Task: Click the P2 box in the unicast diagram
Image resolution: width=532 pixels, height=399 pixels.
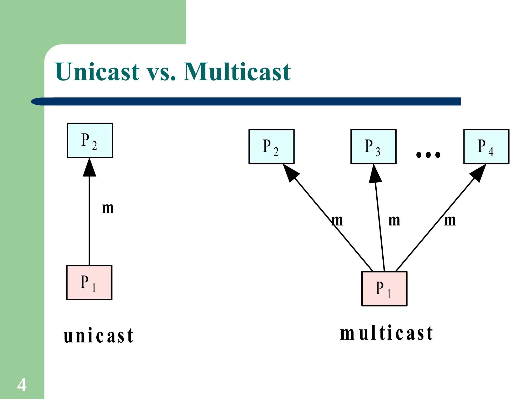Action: coord(90,140)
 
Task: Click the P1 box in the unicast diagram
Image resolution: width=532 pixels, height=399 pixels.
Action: coord(89,282)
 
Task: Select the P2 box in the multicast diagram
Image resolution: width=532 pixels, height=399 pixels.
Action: coord(271,147)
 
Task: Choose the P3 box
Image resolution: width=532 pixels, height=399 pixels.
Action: coord(373,147)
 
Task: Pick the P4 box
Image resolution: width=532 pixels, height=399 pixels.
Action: coord(486,147)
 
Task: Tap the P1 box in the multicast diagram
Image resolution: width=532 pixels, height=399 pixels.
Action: coord(384,289)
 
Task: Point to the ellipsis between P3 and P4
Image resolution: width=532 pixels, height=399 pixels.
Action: coord(428,155)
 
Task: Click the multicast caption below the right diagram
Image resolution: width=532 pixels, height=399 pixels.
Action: coord(387,333)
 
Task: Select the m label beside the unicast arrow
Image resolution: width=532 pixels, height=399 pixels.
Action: coord(108,208)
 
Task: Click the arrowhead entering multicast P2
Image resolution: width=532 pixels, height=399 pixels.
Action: coord(290,173)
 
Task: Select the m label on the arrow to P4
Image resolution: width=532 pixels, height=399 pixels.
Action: coord(450,220)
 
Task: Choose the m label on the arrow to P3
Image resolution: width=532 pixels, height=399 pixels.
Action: coord(394,220)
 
